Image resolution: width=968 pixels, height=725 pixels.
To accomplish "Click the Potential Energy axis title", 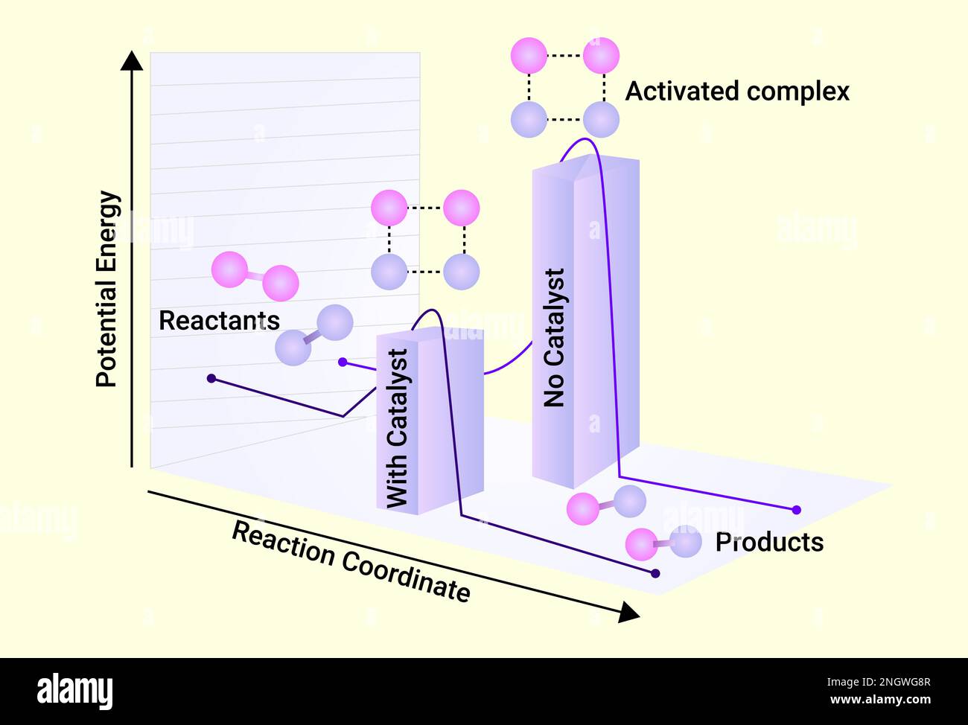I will pyautogui.click(x=108, y=289).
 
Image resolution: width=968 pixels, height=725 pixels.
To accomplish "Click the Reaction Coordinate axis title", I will pyautogui.click(x=351, y=561).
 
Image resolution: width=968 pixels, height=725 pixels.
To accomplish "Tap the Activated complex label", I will pyautogui.click(x=736, y=91).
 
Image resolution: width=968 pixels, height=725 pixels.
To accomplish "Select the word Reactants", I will pyautogui.click(x=219, y=321).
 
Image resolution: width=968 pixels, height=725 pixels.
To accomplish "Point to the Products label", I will pyautogui.click(x=769, y=542).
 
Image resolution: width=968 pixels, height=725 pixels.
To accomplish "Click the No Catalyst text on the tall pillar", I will pyautogui.click(x=554, y=338).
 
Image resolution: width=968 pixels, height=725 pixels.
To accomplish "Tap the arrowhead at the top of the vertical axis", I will pyautogui.click(x=132, y=60).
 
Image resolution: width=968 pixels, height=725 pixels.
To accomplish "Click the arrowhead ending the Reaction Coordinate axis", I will pyautogui.click(x=628, y=613).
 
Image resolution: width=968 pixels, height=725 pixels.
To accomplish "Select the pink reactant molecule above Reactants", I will pyautogui.click(x=255, y=276).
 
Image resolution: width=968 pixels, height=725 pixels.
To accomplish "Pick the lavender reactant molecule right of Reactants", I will pyautogui.click(x=313, y=335).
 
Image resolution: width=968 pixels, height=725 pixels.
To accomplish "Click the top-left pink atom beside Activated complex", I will pyautogui.click(x=529, y=56).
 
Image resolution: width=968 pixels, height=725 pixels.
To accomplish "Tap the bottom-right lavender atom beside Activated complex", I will pyautogui.click(x=601, y=119).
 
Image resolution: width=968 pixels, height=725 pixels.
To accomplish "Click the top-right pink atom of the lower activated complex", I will pyautogui.click(x=461, y=208).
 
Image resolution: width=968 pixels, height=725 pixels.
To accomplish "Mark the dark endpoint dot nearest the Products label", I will pyautogui.click(x=655, y=573).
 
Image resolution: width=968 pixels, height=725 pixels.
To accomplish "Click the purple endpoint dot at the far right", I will pyautogui.click(x=796, y=510).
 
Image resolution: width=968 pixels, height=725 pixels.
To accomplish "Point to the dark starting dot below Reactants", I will pyautogui.click(x=211, y=379).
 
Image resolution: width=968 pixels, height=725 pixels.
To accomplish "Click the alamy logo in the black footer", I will pyautogui.click(x=75, y=691).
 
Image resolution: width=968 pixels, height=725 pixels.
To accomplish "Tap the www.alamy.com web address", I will pyautogui.click(x=879, y=700).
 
